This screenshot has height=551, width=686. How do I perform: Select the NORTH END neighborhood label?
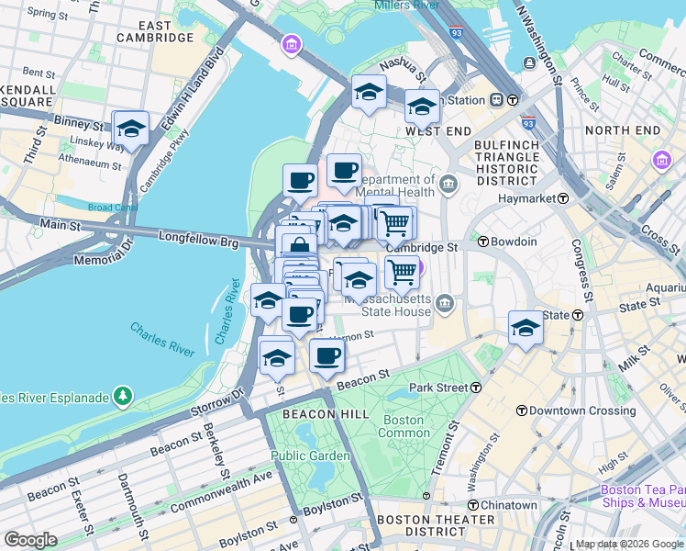point(623,130)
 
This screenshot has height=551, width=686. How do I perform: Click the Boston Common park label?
point(403,426)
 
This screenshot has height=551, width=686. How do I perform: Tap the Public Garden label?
point(309,455)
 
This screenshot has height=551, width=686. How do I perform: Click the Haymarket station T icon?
point(563,198)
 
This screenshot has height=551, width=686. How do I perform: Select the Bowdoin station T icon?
point(482,242)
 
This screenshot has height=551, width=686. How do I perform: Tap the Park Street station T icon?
point(476,388)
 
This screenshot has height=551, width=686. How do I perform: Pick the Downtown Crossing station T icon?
point(521,410)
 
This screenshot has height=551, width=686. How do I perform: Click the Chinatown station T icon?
point(473,505)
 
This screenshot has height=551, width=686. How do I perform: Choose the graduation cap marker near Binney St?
point(131,129)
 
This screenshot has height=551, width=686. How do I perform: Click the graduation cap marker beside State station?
point(526,328)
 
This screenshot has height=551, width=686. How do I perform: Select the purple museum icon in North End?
point(661,162)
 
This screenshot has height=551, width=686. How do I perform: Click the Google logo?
point(31,539)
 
